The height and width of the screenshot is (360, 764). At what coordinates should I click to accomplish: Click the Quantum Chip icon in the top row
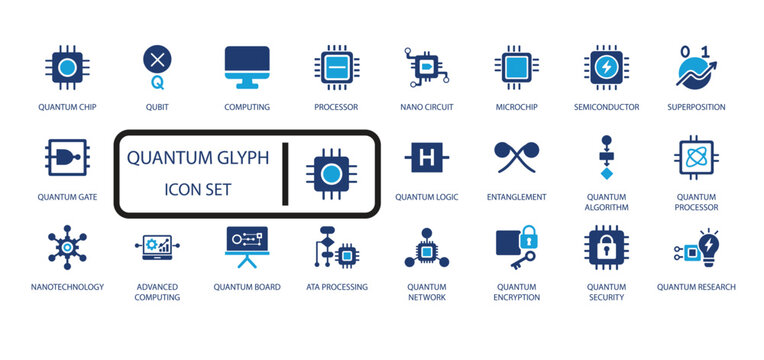tap(67, 68)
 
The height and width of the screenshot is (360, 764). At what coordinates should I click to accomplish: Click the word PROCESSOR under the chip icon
tap(336, 107)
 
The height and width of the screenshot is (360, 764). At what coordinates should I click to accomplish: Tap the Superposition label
tap(696, 107)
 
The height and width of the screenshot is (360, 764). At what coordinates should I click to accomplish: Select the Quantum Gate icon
tap(66, 158)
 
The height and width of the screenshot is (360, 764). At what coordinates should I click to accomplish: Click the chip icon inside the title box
tap(331, 172)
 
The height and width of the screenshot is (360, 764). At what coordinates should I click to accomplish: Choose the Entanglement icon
tap(516, 157)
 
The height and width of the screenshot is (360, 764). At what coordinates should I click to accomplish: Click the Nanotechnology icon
tap(66, 247)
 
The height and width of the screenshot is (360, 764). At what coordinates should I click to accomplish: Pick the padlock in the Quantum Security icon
tap(606, 247)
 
